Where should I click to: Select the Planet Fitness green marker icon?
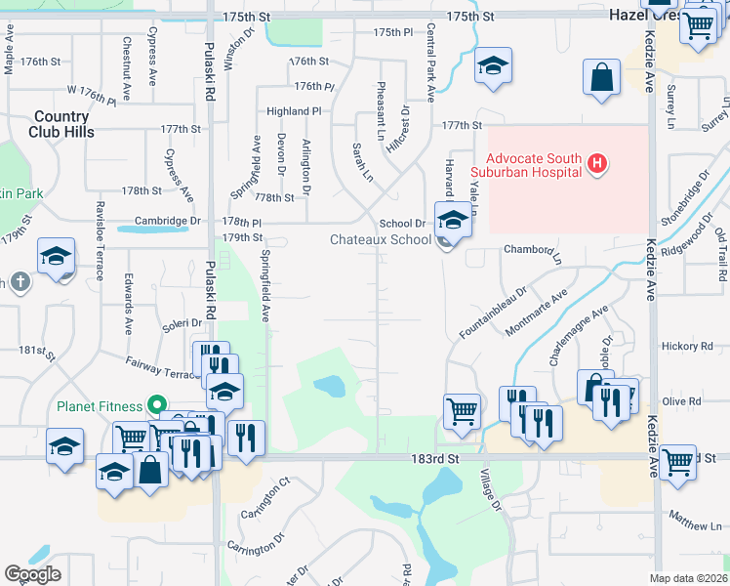(x=155, y=405)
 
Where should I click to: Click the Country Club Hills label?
(x=61, y=124)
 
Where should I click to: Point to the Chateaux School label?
(x=381, y=239)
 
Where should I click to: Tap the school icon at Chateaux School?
(x=454, y=221)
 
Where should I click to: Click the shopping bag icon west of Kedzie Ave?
(x=602, y=78)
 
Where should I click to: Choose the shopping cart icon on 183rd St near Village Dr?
(x=462, y=410)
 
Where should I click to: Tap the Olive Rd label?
(x=682, y=401)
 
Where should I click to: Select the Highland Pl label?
(x=294, y=111)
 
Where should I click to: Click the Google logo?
(x=32, y=574)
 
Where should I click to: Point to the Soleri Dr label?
(x=182, y=323)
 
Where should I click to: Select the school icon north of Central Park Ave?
(x=493, y=65)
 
